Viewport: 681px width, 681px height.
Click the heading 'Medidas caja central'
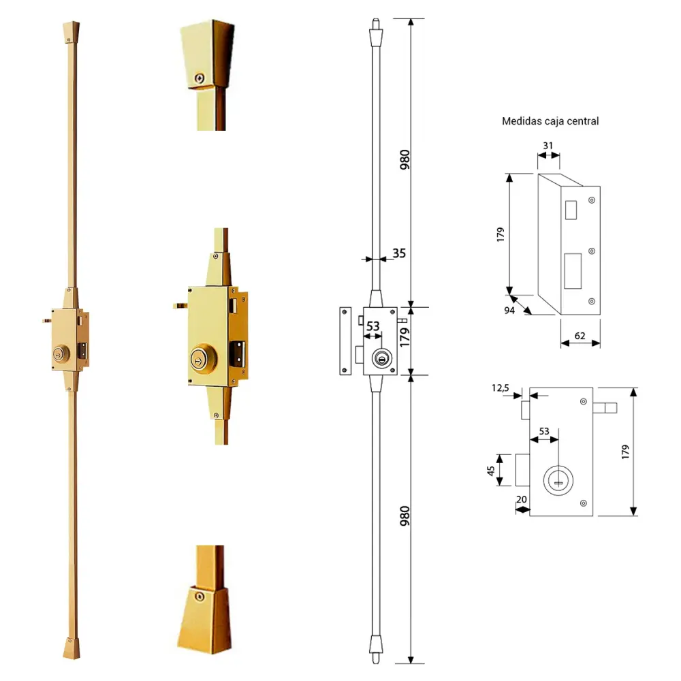550,121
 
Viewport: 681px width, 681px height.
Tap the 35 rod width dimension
399,253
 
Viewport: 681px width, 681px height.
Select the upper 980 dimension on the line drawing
405,160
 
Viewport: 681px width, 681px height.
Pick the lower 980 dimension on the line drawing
405,516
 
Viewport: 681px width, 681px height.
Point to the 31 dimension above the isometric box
548,146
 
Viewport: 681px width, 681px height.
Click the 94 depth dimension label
509,310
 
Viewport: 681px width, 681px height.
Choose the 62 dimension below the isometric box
580,336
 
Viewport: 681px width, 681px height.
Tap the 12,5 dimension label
501,388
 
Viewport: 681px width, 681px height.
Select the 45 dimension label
491,471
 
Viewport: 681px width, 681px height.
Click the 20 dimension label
522,499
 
